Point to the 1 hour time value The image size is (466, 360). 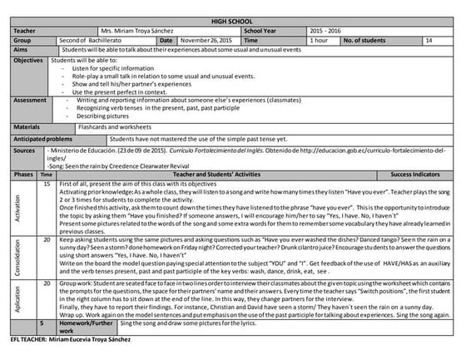pos(319,39)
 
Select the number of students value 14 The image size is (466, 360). pos(429,39)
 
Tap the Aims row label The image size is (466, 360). pos(22,49)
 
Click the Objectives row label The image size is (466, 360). pos(29,61)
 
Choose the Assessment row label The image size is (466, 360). pos(31,100)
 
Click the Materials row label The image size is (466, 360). pos(27,127)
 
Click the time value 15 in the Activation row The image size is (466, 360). pos(47,182)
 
